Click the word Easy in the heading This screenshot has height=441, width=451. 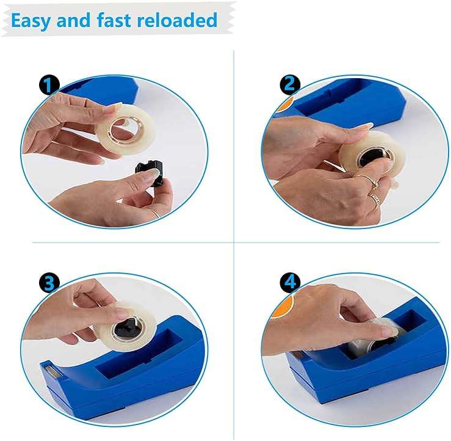click(31, 20)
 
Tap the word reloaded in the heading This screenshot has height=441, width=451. click(177, 20)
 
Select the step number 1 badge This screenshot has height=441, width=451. click(49, 85)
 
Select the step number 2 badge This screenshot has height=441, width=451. click(290, 84)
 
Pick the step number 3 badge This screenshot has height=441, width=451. click(49, 283)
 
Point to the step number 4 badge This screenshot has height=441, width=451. click(290, 282)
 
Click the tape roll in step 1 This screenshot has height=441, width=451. click(126, 129)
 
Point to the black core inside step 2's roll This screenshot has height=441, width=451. click(372, 158)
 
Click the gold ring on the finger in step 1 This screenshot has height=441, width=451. click(156, 214)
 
